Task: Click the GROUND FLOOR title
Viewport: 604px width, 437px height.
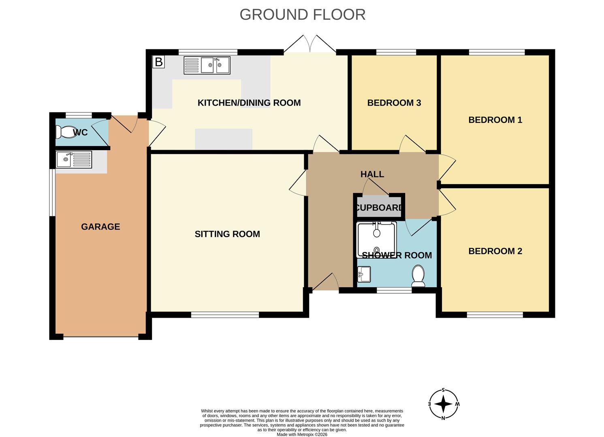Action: click(x=302, y=15)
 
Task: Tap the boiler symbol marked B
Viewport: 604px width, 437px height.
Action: click(x=158, y=62)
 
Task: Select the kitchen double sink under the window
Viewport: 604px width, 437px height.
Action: click(x=207, y=65)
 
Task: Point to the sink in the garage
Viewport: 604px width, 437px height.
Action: click(x=74, y=159)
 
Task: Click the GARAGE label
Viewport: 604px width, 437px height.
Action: click(x=100, y=227)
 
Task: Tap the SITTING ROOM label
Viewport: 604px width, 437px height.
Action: click(x=227, y=234)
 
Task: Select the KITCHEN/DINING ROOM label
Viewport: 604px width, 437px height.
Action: click(x=249, y=103)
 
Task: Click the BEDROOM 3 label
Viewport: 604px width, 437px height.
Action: click(x=394, y=103)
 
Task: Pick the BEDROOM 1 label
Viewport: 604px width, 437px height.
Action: click(x=495, y=120)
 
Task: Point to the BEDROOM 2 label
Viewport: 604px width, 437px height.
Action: click(x=495, y=251)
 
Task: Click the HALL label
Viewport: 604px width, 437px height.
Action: click(x=372, y=174)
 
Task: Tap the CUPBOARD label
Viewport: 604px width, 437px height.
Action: click(x=379, y=208)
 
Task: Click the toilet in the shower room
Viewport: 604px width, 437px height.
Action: click(x=418, y=276)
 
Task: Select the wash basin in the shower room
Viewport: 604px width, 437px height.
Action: click(x=364, y=274)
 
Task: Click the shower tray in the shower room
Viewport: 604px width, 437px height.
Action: click(x=377, y=240)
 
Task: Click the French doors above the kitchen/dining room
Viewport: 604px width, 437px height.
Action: click(x=310, y=44)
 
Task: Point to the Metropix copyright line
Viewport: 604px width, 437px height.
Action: click(x=302, y=434)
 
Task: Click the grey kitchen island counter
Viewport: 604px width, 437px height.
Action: click(x=224, y=139)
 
